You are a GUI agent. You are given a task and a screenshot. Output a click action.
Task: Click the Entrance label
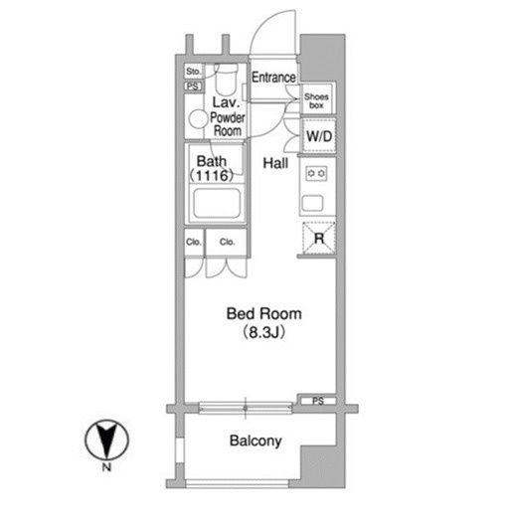273,78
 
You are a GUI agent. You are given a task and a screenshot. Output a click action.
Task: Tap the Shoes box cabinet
317,98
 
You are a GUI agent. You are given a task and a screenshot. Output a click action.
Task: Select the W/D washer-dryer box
319,136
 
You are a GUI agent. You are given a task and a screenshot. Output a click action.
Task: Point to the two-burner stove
316,173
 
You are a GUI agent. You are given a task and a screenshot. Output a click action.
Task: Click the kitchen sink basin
312,203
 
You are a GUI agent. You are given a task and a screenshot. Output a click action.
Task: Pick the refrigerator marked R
319,238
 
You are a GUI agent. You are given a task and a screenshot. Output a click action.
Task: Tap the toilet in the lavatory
227,80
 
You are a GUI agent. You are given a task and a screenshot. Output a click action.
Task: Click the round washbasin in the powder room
198,119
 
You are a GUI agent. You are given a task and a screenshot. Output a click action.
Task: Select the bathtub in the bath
217,203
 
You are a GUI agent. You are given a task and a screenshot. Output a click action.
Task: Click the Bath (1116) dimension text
212,168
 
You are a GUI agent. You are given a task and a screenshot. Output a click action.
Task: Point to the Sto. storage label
193,72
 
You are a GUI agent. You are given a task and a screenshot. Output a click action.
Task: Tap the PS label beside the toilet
193,87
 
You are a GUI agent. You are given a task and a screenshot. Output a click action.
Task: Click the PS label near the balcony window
318,402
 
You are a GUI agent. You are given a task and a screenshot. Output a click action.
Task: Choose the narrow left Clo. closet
194,243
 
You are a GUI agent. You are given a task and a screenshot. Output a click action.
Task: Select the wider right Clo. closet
227,243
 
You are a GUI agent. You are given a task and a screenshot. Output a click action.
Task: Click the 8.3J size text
264,332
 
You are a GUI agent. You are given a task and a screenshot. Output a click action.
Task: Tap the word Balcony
256,441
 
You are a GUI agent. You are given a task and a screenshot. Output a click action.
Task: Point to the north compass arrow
106,441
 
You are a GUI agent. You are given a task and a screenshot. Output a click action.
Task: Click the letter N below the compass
106,467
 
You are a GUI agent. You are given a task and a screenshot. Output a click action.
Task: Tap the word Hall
275,163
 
